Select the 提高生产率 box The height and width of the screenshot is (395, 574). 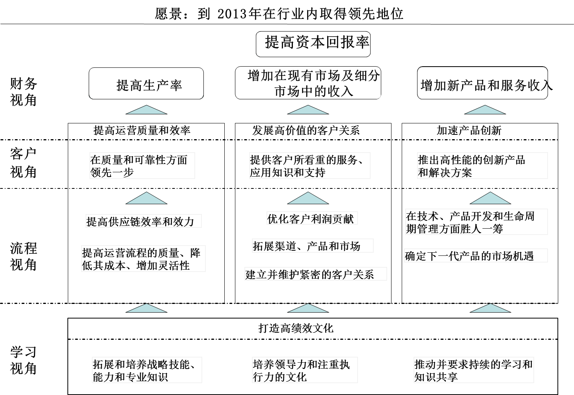pyautogui.click(x=146, y=83)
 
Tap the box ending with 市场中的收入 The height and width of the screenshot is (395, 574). pyautogui.click(x=313, y=86)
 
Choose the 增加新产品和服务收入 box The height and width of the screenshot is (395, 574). pyautogui.click(x=482, y=83)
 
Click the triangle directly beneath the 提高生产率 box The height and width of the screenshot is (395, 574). pyautogui.click(x=146, y=110)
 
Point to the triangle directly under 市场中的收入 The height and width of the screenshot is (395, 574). pyautogui.click(x=307, y=110)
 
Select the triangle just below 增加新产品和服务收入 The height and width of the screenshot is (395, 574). pyautogui.click(x=485, y=110)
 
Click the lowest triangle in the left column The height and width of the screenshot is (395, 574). pyautogui.click(x=146, y=308)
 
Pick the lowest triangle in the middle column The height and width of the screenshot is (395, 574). pyautogui.click(x=307, y=308)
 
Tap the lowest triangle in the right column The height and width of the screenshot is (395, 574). pyautogui.click(x=490, y=308)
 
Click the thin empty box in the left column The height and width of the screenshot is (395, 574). pyautogui.click(x=143, y=221)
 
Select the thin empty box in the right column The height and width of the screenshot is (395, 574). pyautogui.click(x=476, y=255)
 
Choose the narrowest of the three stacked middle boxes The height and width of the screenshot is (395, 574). pyautogui.click(x=312, y=218)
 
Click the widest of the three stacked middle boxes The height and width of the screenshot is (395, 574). pyautogui.click(x=316, y=274)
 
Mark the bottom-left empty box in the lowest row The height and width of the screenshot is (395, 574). pyautogui.click(x=147, y=370)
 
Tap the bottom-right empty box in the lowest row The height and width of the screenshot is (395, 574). pyautogui.click(x=474, y=370)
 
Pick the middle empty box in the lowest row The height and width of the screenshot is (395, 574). pyautogui.click(x=305, y=370)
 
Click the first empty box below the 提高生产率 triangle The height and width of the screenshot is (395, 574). pyautogui.click(x=142, y=166)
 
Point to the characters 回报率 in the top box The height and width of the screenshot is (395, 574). pyautogui.click(x=347, y=42)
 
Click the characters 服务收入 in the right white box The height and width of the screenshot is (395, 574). pyautogui.click(x=524, y=85)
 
